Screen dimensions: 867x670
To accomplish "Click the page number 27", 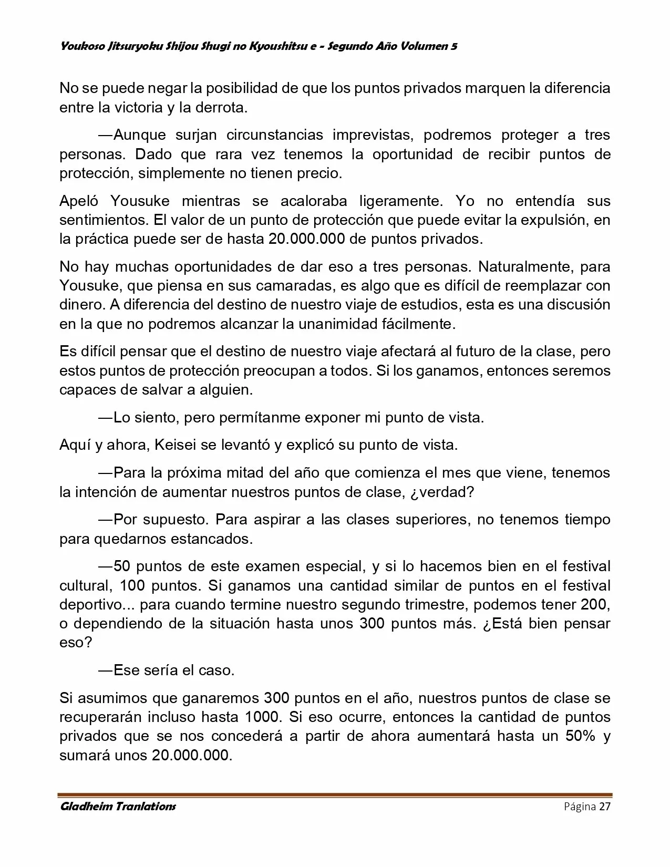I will [604, 807].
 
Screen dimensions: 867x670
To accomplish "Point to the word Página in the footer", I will [580, 807].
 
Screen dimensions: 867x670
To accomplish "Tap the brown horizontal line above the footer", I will [335, 795].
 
